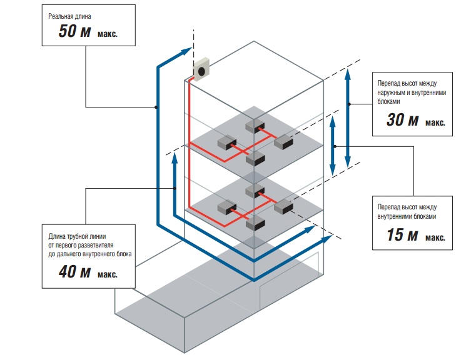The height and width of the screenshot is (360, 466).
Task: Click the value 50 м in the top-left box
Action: point(75,32)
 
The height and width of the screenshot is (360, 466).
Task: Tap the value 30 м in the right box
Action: point(403,120)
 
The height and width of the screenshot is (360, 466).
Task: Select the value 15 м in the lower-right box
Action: point(403,236)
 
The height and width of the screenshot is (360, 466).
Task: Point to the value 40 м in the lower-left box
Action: point(75,272)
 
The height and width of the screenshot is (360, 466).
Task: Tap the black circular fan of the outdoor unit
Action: point(203,72)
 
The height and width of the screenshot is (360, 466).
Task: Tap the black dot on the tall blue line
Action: point(156,107)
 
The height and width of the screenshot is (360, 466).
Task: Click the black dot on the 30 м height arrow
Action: point(350,104)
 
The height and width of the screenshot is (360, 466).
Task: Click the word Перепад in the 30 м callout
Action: point(390,82)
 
